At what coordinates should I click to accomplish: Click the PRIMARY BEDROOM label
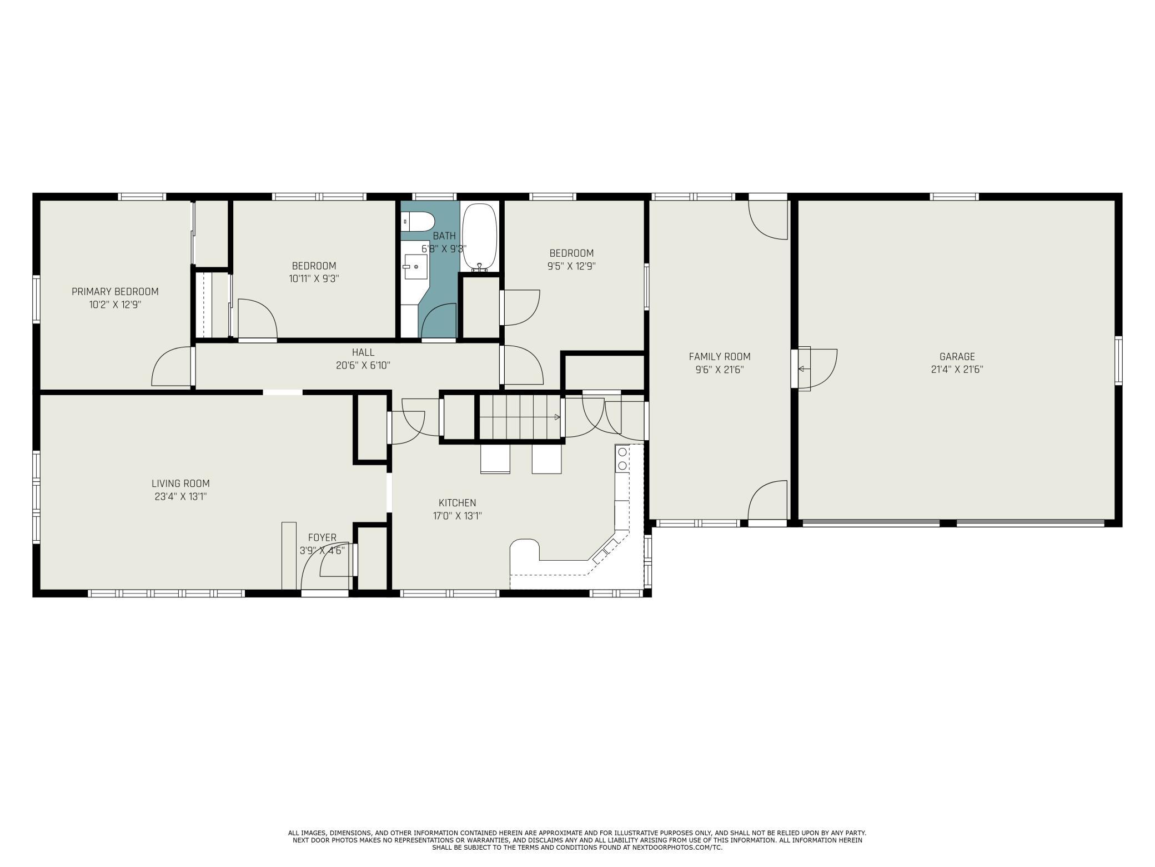pos(115,292)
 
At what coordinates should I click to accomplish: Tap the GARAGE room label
pos(957,357)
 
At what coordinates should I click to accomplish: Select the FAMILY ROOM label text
pos(720,357)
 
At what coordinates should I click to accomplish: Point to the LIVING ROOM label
pos(181,484)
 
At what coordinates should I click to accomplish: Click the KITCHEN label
pos(457,503)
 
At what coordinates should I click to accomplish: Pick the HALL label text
pos(363,352)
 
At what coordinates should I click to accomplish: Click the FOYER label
pos(322,537)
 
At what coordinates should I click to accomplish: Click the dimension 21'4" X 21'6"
pos(957,370)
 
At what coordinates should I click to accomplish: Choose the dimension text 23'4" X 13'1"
pos(181,496)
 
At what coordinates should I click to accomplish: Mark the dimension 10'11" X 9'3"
pos(314,278)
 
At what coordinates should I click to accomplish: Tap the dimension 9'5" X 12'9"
pos(571,266)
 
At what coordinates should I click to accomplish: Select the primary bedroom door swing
pos(172,366)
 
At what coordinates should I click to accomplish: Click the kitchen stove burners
pos(622,459)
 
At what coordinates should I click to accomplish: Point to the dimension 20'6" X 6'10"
pos(363,365)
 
